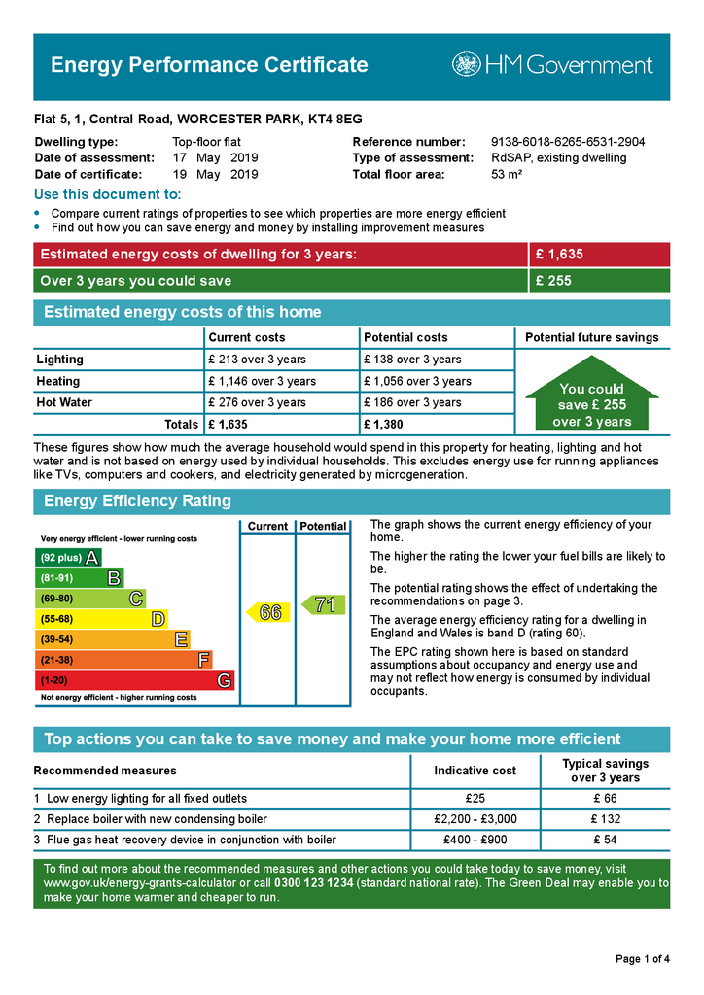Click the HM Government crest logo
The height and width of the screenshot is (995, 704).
tap(466, 65)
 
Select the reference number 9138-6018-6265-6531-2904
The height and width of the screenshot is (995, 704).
tap(568, 142)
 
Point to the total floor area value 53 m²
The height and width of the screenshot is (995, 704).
tap(507, 175)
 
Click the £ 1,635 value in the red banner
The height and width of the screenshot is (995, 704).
tap(559, 255)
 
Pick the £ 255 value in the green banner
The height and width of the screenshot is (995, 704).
tap(553, 282)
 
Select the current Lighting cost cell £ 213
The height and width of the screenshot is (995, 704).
tap(257, 360)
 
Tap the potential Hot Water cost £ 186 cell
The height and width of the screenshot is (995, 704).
tap(412, 402)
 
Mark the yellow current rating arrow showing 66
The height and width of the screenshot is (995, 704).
tap(266, 612)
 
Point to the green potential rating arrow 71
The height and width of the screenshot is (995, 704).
tap(322, 604)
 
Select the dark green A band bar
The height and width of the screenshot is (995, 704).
tap(68, 558)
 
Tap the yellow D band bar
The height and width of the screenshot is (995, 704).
tap(101, 619)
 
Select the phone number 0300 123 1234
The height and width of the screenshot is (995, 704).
tap(315, 882)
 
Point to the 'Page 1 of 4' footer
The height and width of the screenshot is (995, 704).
tap(643, 960)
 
